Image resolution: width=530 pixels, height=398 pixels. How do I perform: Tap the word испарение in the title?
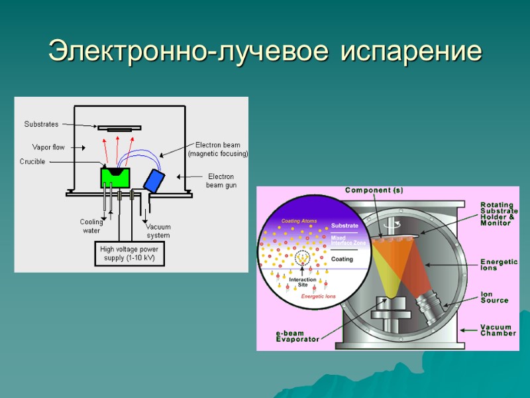click(411, 51)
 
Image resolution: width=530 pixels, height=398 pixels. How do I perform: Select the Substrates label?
click(41, 124)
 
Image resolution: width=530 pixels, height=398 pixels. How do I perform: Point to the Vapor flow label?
click(48, 147)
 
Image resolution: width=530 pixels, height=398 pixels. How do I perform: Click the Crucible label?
click(32, 161)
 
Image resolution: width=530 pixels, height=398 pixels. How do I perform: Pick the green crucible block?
click(115, 177)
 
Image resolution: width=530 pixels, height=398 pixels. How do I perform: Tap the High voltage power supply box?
click(127, 253)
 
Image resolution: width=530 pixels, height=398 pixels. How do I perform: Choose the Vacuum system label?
click(158, 231)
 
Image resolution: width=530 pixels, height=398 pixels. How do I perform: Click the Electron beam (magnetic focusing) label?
click(217, 149)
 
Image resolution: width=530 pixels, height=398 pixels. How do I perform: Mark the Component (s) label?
click(374, 190)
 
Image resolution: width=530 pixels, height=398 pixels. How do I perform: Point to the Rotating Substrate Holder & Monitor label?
click(499, 214)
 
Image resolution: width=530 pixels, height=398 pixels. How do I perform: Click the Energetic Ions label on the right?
click(499, 265)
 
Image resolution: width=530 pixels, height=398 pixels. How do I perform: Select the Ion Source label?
click(494, 297)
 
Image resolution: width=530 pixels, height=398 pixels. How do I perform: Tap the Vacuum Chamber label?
click(498, 330)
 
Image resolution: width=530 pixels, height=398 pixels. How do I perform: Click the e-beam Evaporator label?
click(297, 336)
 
